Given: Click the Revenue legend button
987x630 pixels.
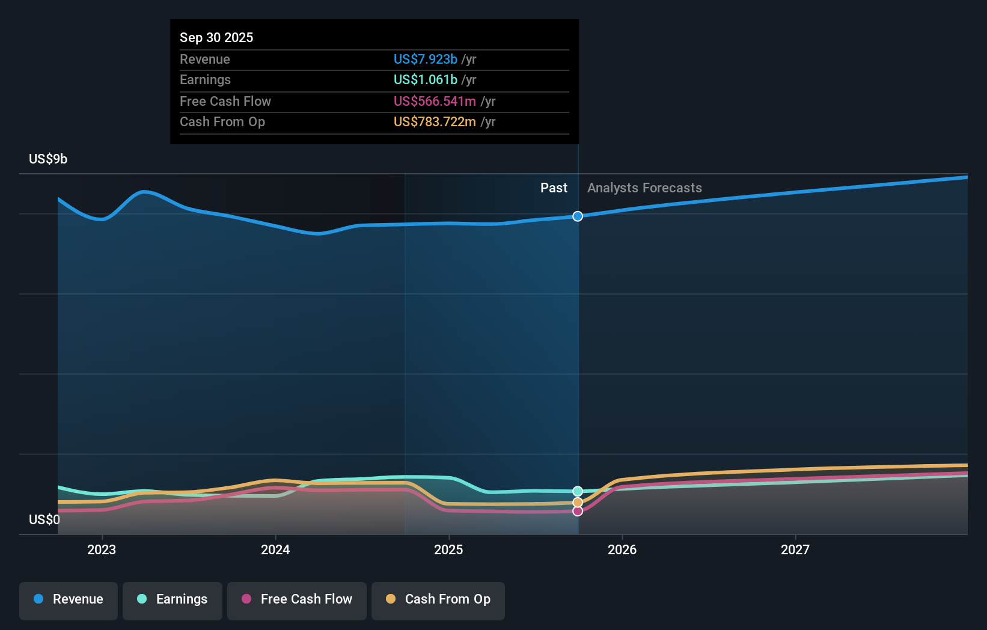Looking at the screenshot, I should [x=69, y=600].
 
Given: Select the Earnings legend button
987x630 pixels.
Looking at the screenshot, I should [x=173, y=600].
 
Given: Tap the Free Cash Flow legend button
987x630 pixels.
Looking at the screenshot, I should [x=297, y=600].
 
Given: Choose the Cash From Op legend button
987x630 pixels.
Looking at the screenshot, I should [x=438, y=600].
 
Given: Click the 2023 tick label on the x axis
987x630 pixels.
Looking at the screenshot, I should [x=102, y=549].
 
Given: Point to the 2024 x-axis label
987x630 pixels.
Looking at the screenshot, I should [x=275, y=549].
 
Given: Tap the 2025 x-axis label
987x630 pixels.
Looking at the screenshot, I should [x=448, y=549].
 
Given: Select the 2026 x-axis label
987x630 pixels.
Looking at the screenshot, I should [x=622, y=549].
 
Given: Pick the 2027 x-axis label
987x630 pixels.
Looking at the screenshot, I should [x=795, y=549].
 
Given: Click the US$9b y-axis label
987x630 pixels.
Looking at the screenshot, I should [x=48, y=159].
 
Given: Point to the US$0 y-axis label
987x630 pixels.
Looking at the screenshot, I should [x=44, y=519].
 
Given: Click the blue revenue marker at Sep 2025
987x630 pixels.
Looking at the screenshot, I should [x=578, y=216].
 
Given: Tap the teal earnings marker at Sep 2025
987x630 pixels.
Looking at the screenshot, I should [x=578, y=491].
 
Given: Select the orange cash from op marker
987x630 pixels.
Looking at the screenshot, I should [x=578, y=502].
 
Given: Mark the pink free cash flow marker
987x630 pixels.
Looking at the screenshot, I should [x=578, y=511].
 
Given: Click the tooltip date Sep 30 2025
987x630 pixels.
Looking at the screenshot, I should [x=216, y=37].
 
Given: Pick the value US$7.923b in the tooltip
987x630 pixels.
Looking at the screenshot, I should [x=426, y=59].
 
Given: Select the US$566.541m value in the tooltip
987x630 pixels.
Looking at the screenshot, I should [x=435, y=101].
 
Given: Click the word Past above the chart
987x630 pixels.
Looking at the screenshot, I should [x=554, y=188].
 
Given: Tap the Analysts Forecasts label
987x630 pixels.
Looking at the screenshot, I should [x=644, y=188].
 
